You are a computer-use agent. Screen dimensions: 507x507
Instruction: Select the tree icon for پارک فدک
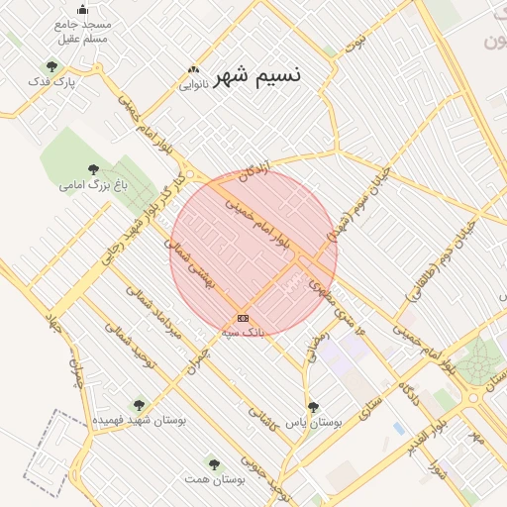(51, 66)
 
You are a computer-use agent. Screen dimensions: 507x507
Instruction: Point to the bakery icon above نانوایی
(193, 70)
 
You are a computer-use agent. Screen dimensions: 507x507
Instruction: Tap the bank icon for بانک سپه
(243, 318)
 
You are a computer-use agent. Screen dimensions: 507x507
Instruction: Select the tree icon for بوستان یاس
(313, 407)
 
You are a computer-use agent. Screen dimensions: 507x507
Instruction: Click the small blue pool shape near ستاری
(398, 428)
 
